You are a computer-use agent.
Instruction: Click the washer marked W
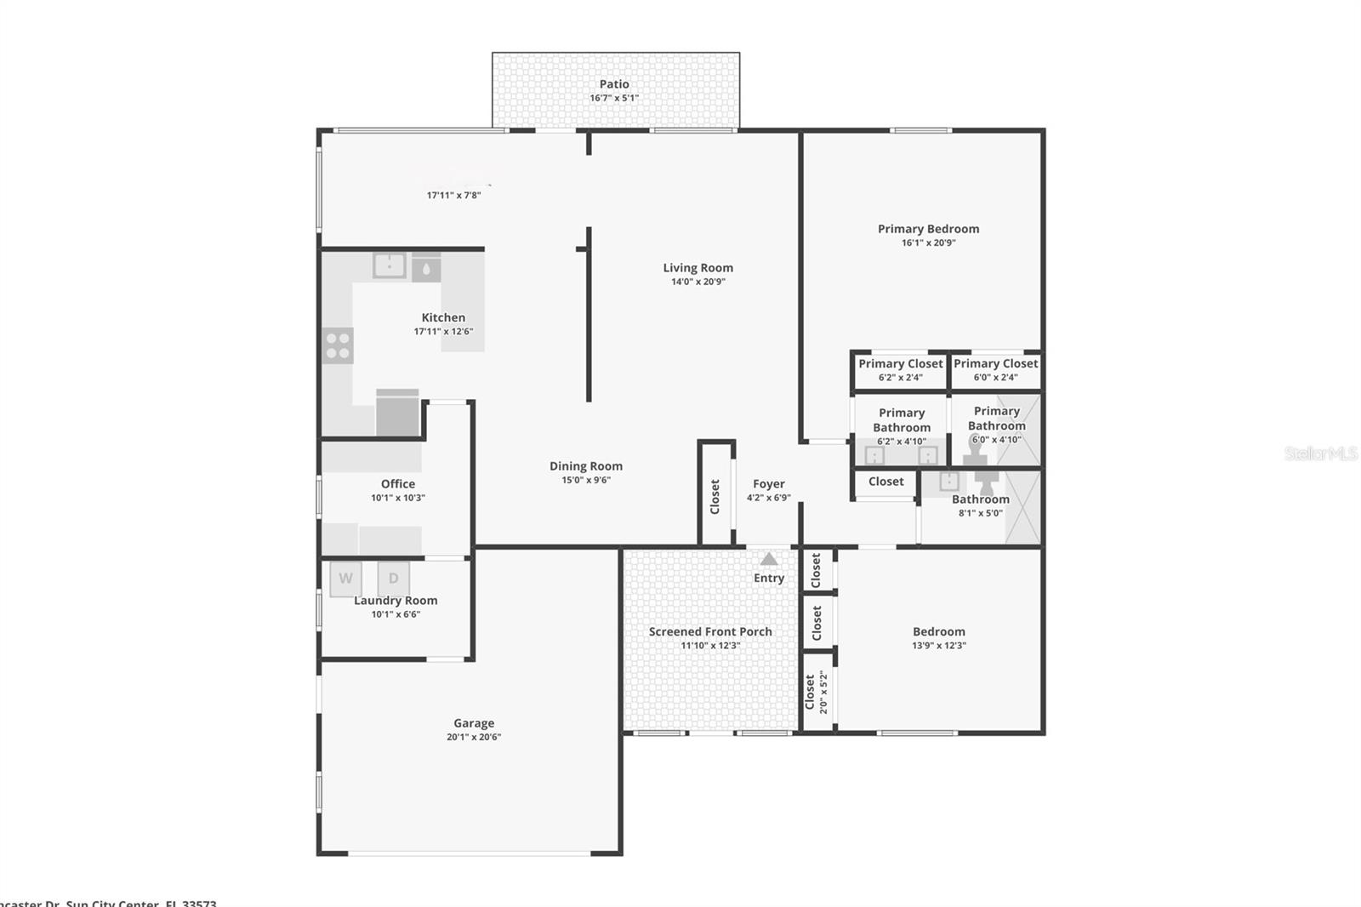(345, 579)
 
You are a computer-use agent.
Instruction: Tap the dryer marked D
(394, 579)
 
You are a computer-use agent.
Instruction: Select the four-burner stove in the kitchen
(338, 345)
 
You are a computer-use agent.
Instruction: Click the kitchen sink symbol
(390, 265)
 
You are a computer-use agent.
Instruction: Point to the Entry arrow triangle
(769, 559)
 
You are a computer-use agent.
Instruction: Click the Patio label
(614, 84)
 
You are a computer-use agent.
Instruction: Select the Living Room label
(698, 268)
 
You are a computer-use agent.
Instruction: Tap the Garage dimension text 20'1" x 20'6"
(474, 737)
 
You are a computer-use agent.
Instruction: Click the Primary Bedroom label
(928, 229)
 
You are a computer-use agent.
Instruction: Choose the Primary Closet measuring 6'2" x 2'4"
(900, 370)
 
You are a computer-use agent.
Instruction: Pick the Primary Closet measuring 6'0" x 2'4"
(995, 370)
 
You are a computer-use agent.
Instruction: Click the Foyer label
(768, 484)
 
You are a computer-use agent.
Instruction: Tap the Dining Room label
(585, 466)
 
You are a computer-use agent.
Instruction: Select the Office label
(397, 484)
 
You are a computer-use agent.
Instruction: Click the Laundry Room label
(396, 601)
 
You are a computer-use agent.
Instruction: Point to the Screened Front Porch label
(710, 631)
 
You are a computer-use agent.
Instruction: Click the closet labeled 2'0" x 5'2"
(817, 692)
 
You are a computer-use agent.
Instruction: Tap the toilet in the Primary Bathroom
(975, 449)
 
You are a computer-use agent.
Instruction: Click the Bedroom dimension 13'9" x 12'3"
(938, 645)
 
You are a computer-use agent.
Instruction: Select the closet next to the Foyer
(715, 496)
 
